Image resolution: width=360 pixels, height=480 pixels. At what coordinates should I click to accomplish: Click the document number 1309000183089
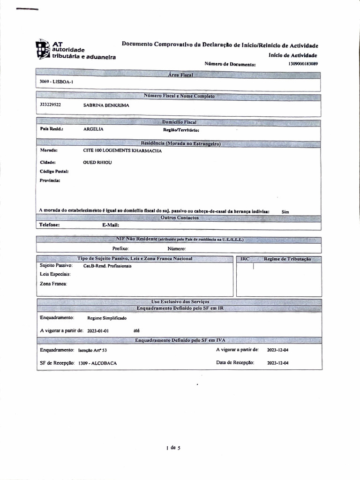(x=303, y=63)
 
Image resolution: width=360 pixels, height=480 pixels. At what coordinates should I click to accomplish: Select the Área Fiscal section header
(x=180, y=75)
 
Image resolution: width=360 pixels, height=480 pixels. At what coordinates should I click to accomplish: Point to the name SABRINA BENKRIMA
(x=106, y=105)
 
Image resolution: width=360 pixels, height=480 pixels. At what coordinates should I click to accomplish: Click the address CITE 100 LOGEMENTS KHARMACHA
(x=122, y=151)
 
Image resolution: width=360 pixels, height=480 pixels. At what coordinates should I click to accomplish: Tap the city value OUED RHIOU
(x=98, y=162)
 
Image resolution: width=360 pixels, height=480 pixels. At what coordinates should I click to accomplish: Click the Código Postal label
(x=54, y=171)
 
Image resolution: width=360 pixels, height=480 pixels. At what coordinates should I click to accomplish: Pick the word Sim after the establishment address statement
(x=285, y=212)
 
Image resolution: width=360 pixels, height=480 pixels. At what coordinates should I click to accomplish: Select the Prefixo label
(x=120, y=249)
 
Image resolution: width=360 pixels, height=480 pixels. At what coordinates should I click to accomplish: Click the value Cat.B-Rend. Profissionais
(x=107, y=266)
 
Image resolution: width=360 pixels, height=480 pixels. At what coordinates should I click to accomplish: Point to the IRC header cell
(x=245, y=259)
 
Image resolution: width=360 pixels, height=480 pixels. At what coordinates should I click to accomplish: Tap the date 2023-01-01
(x=98, y=330)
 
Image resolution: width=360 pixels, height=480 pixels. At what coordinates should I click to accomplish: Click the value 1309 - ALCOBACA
(x=98, y=363)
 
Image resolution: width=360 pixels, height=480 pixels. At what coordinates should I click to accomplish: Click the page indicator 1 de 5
(x=173, y=448)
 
